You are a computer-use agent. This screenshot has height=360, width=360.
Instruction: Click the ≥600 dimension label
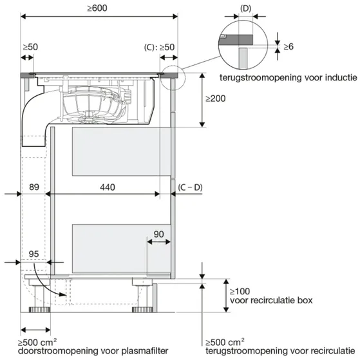tap(97, 8)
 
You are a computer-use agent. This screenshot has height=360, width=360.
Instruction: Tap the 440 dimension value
tap(107, 187)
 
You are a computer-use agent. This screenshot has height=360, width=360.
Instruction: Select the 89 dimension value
tap(34, 187)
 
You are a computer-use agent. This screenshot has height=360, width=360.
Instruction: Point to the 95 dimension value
tap(33, 254)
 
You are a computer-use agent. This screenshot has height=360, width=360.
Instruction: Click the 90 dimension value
tap(158, 234)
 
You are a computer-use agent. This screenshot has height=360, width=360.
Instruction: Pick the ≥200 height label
tap(215, 99)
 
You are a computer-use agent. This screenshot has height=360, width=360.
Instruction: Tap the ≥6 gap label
tap(289, 46)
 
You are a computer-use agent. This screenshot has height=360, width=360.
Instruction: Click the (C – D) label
tap(190, 187)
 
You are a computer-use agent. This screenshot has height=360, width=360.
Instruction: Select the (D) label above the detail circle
tap(245, 8)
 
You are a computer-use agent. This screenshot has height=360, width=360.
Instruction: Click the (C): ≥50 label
tap(159, 47)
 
